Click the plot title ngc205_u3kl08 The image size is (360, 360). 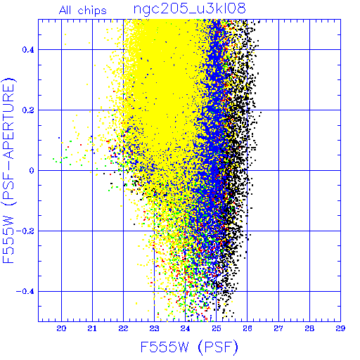coord(190,9)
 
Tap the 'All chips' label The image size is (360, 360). coord(83,11)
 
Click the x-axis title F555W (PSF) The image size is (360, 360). coord(189,347)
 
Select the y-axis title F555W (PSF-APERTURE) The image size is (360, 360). coord(8,170)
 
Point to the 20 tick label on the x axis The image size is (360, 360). coord(61,328)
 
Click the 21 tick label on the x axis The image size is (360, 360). coord(92,328)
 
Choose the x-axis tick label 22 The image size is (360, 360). coord(123,328)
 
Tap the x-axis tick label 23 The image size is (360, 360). coord(154,328)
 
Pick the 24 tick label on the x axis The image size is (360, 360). coord(185,328)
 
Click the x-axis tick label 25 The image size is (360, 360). coord(217,328)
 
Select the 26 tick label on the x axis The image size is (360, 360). coord(247,328)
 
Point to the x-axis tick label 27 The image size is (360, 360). coord(278,328)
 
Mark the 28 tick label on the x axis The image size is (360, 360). coord(309,328)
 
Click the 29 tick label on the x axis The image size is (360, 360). coord(340,328)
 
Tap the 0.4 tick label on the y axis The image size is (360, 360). coord(28,50)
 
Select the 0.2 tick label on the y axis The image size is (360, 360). coord(28,110)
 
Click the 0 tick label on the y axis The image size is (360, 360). coord(32,171)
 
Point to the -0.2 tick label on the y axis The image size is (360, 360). coord(25,231)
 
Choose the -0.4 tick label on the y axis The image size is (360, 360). coord(25,292)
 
